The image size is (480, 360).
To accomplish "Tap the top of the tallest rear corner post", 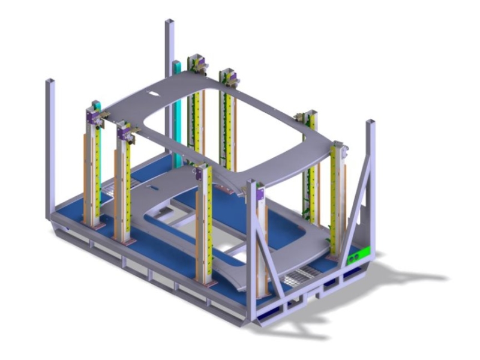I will click(169, 22).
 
